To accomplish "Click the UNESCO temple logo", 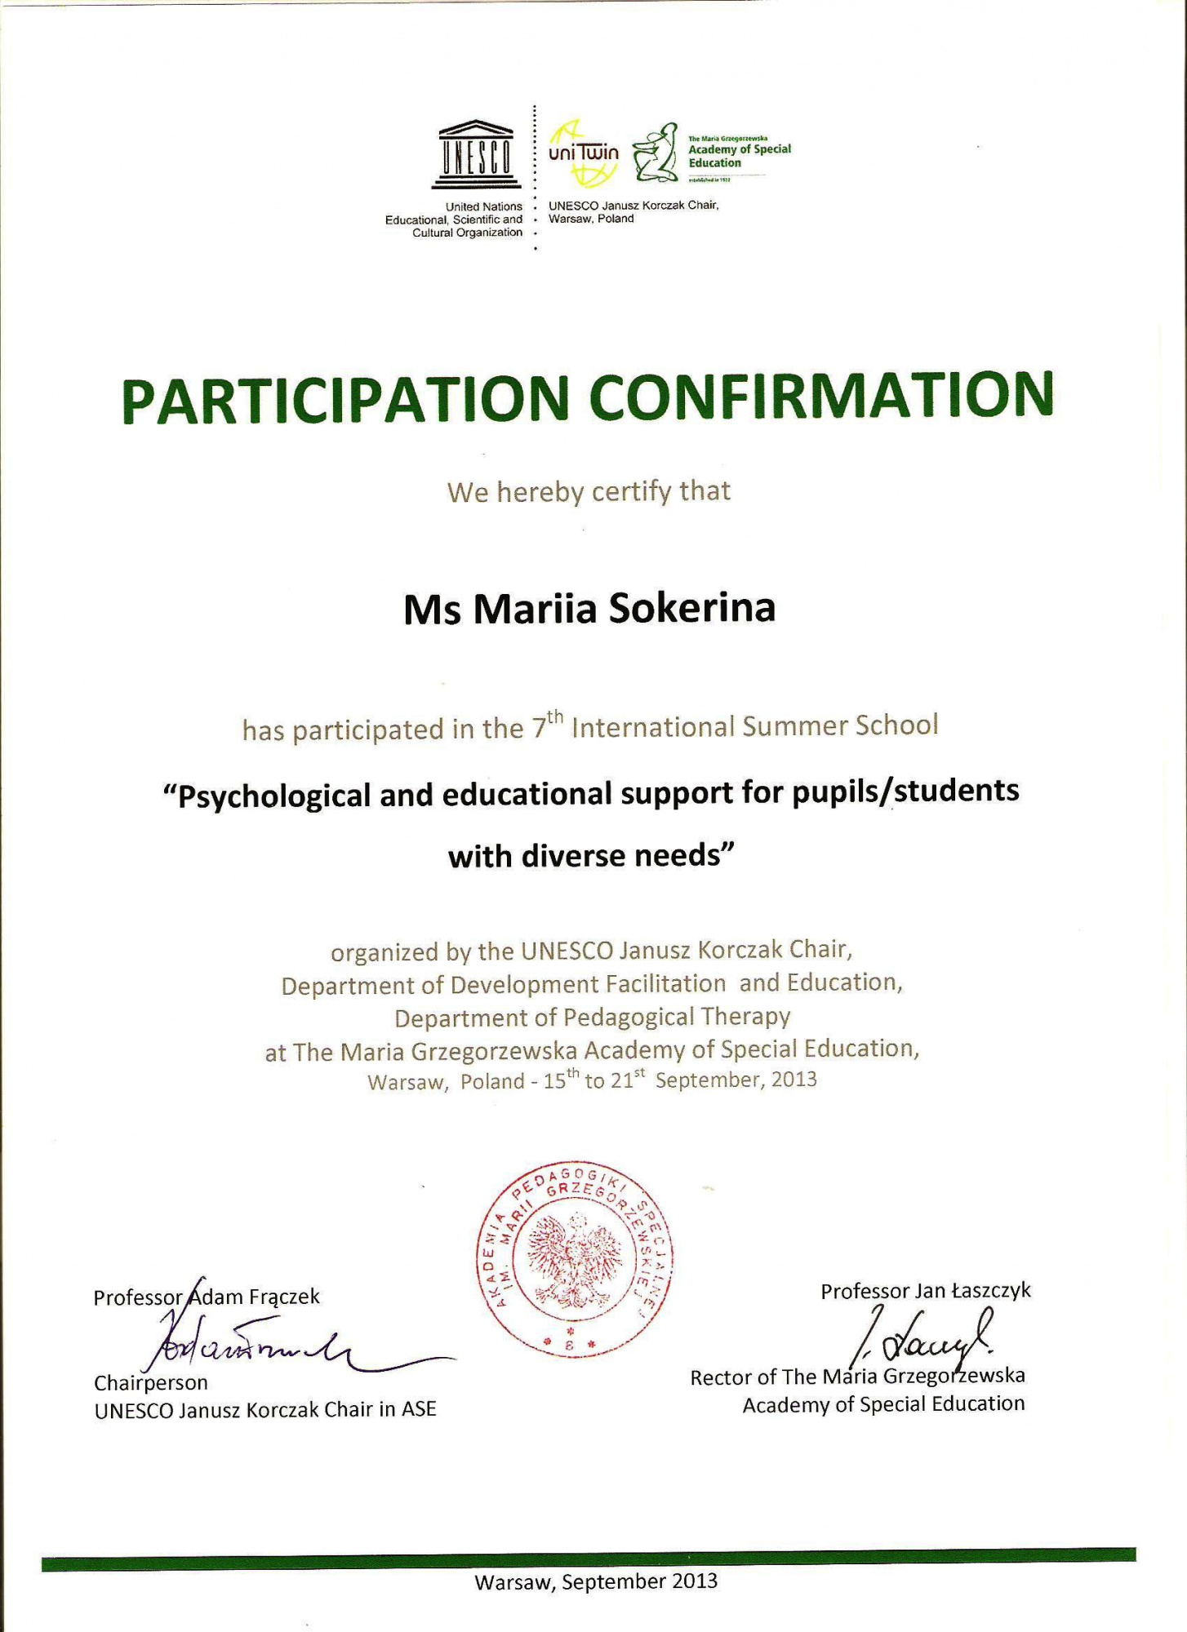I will click(477, 154).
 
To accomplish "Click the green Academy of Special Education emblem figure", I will click(656, 153).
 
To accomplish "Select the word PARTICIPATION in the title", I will click(345, 400).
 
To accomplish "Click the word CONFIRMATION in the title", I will click(820, 396).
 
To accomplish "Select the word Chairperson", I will click(151, 1382).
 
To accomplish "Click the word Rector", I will click(721, 1377).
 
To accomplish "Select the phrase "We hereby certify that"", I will click(589, 492).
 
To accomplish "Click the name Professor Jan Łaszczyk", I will click(926, 1291).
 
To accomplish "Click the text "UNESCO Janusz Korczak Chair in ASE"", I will click(265, 1409).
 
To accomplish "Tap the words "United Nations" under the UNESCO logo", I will click(483, 206).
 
